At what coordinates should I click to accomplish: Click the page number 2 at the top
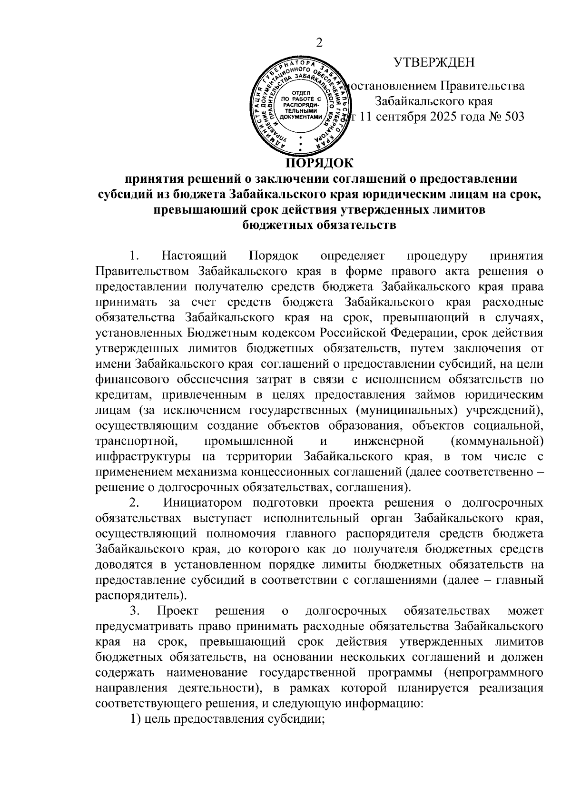coord(319,43)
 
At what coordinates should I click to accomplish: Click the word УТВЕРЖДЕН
coord(434,62)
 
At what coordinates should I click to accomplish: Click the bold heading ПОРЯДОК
coord(319,163)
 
